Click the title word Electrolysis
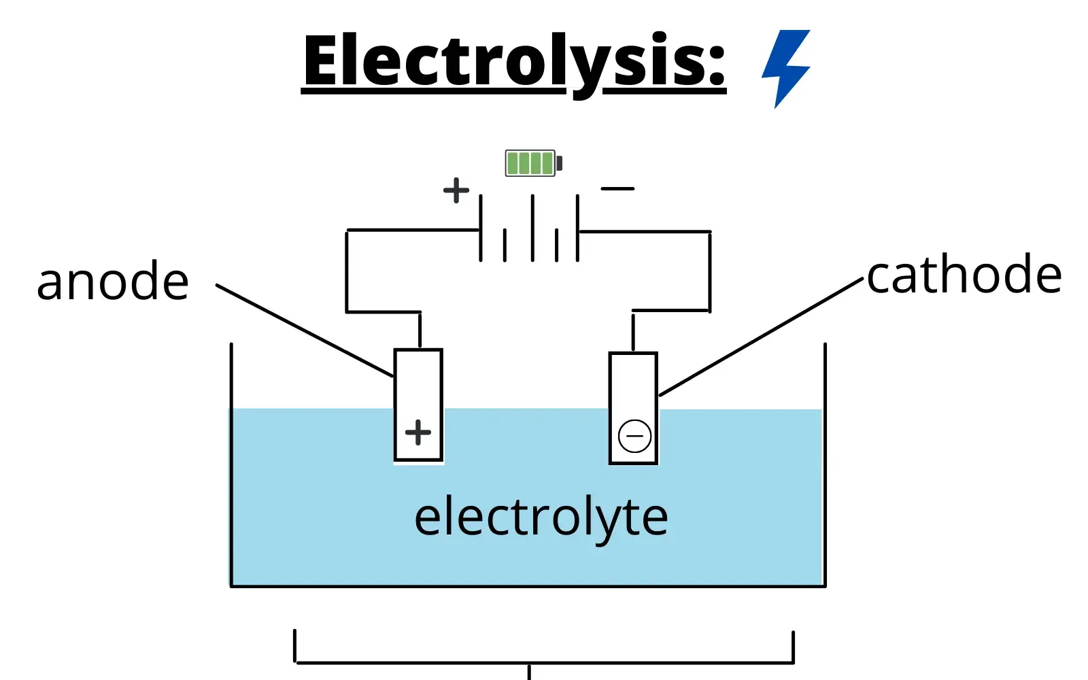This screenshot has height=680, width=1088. [x=514, y=61]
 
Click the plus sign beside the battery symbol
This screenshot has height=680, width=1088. [x=456, y=190]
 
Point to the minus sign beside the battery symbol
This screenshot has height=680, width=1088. [x=617, y=188]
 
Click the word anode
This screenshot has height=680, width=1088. [x=113, y=282]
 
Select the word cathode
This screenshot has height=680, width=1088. [x=964, y=275]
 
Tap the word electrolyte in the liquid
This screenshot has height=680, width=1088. [x=541, y=517]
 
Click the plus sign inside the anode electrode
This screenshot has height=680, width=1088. [x=418, y=432]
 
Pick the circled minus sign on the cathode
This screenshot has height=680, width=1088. [x=634, y=436]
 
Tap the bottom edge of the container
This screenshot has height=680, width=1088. [x=528, y=585]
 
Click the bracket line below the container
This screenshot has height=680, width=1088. [x=544, y=662]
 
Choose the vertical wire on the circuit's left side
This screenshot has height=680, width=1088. [x=347, y=272]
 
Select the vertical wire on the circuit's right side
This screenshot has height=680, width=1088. [x=710, y=272]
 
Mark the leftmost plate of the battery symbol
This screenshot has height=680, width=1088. [x=481, y=228]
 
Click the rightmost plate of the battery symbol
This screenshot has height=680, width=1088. [x=578, y=228]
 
